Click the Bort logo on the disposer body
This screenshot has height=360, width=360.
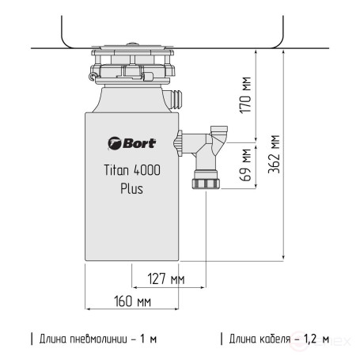131,144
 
